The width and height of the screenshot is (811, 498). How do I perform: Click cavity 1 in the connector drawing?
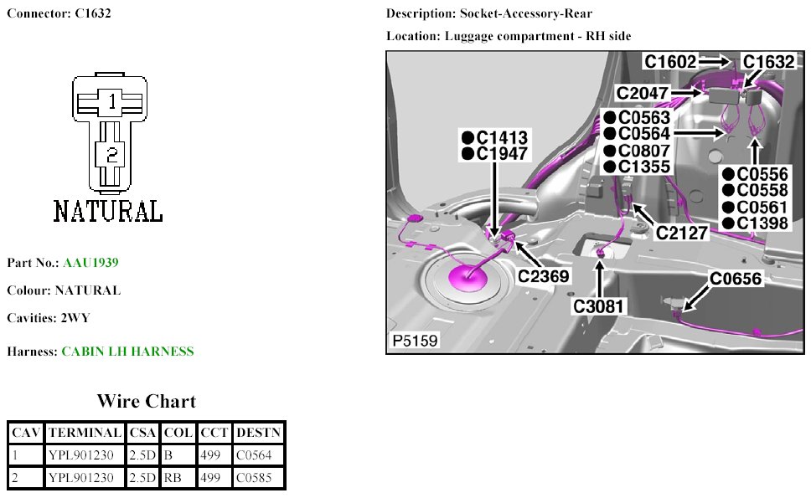click(111, 101)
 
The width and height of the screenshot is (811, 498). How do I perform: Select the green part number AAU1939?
click(90, 263)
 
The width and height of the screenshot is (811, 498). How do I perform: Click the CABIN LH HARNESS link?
click(127, 352)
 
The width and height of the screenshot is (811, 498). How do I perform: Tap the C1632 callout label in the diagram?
click(768, 61)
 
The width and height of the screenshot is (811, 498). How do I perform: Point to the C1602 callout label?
click(669, 61)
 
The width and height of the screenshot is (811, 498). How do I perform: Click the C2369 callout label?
click(545, 275)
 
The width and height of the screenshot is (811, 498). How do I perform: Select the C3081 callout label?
click(599, 306)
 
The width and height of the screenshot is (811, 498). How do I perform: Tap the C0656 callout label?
click(736, 279)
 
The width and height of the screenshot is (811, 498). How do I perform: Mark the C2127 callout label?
click(682, 233)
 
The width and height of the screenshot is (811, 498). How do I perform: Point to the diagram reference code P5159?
click(413, 341)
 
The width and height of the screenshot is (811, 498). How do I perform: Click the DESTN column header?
click(259, 433)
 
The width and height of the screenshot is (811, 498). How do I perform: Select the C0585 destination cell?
click(253, 478)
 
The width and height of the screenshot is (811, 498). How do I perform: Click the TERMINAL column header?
click(85, 433)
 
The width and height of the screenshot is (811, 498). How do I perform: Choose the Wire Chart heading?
click(146, 401)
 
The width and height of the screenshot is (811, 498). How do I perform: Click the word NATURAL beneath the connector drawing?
click(108, 211)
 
